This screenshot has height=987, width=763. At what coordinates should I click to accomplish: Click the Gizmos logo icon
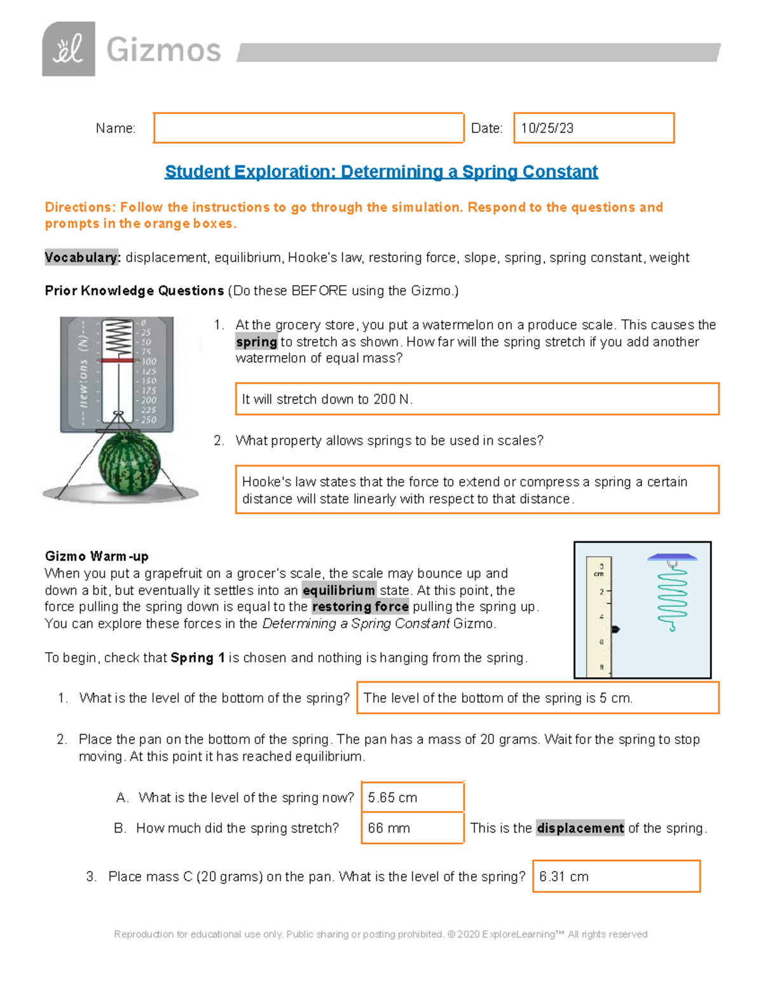tap(69, 49)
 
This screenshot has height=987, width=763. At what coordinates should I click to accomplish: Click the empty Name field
tap(308, 128)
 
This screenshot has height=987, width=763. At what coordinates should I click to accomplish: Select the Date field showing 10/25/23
tap(593, 128)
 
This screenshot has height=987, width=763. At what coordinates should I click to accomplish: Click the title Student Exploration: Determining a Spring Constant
tap(381, 172)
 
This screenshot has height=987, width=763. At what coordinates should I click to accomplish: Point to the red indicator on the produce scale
tap(117, 360)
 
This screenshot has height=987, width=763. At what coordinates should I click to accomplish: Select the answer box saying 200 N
tap(477, 399)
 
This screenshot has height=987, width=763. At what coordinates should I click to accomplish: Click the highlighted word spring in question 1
tap(256, 342)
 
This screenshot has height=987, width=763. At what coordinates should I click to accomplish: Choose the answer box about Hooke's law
tap(477, 489)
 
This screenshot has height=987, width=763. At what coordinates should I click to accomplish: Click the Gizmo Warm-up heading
tap(97, 556)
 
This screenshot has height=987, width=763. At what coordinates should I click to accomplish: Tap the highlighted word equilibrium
tap(338, 590)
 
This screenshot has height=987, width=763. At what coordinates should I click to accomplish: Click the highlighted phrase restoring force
tap(361, 607)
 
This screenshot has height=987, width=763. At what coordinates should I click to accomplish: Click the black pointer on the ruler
tap(615, 629)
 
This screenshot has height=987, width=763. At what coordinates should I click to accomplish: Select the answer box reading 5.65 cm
tap(412, 797)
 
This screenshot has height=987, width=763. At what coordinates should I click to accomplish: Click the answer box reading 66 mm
tap(412, 828)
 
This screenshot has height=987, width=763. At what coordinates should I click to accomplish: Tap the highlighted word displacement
tap(580, 828)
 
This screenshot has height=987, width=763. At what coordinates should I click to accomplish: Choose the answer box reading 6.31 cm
tap(616, 876)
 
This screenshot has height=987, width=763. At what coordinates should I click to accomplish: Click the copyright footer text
tap(380, 934)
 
